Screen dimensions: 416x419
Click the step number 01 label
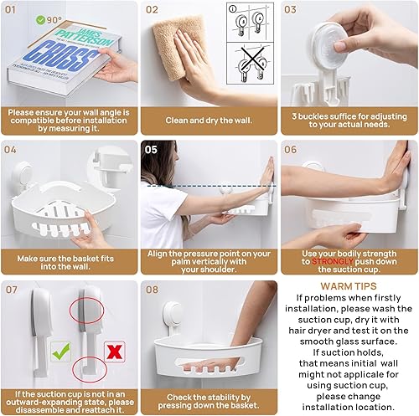pos(12,10)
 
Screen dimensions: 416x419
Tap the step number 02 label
pos(153,10)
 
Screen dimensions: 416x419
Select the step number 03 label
pos(291,10)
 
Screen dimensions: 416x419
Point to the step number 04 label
pos(12,150)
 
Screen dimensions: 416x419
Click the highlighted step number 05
pos(152,150)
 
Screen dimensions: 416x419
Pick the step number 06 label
pos(291,150)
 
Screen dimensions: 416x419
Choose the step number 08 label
pos(153,290)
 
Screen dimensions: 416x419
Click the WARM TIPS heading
pos(349,285)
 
